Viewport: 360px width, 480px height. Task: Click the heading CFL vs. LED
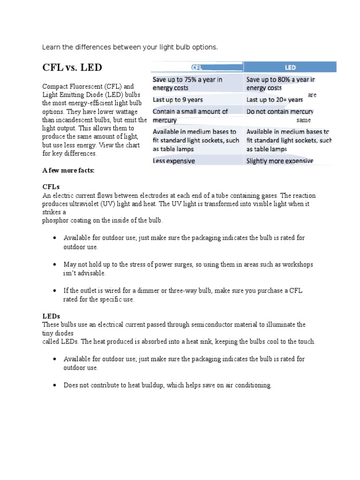(72, 67)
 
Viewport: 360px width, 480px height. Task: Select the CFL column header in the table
(196, 67)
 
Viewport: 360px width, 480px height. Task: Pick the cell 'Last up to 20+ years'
(275, 99)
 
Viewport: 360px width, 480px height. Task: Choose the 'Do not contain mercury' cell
(280, 112)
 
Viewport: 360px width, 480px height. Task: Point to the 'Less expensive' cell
(174, 161)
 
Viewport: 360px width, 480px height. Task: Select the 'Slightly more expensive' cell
(280, 161)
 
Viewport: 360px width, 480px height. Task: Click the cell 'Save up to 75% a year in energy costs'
(187, 83)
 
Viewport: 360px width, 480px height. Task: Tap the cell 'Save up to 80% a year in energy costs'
(280, 83)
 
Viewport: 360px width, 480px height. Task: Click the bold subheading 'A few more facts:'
(68, 171)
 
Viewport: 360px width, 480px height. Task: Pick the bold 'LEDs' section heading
(52, 316)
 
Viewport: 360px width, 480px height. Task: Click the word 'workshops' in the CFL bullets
(298, 264)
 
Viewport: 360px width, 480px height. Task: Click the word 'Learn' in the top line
(51, 47)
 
